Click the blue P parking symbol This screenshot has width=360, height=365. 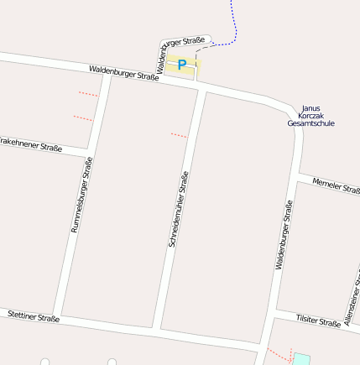(181, 65)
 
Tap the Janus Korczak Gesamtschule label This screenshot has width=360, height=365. (310, 116)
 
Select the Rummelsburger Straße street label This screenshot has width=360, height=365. (81, 195)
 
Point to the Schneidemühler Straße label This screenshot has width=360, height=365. (179, 209)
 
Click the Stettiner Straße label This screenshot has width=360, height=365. (33, 316)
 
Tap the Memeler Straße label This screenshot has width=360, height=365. (335, 186)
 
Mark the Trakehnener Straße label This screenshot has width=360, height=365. (31, 143)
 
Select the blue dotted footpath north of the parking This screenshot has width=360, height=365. (234, 25)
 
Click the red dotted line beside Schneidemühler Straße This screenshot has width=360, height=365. (179, 134)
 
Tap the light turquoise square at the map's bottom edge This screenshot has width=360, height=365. (300, 359)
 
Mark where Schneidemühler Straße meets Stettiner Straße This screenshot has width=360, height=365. (157, 329)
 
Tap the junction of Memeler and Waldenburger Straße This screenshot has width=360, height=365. (297, 177)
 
